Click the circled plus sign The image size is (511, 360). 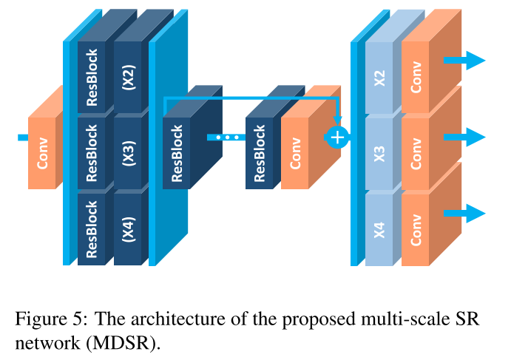(337, 137)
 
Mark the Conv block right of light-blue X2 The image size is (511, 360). (416, 78)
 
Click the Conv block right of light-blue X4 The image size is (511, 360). (416, 227)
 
